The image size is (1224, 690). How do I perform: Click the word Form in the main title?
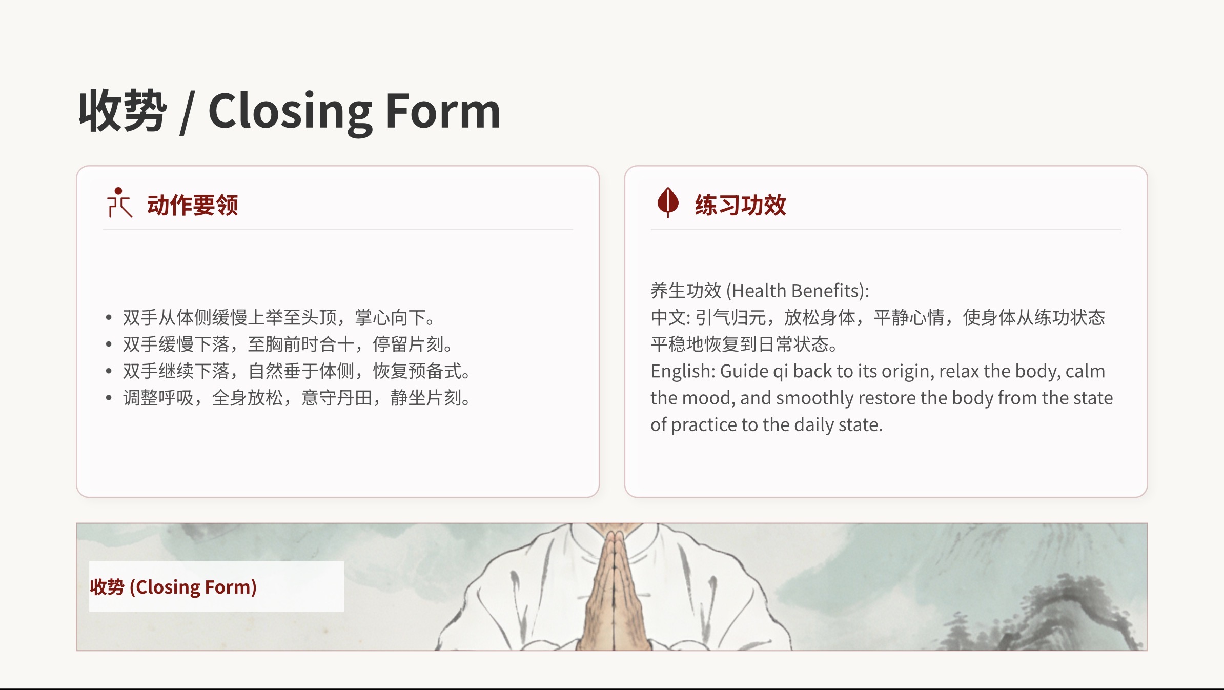(443, 111)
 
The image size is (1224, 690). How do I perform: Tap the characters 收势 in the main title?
(123, 111)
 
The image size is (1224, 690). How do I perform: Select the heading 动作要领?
(193, 205)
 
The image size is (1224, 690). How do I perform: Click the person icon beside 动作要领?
(119, 202)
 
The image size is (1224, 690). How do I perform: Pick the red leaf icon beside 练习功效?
(668, 202)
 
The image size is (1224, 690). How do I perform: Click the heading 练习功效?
(741, 205)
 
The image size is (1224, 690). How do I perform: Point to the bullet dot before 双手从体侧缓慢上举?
(109, 318)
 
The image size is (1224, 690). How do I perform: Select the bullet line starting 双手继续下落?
(297, 371)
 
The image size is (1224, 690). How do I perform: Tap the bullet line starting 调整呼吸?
(297, 398)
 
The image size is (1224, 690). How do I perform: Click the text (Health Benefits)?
(798, 291)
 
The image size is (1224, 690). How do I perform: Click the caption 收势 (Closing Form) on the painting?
(173, 587)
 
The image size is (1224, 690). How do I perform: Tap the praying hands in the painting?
(614, 590)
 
